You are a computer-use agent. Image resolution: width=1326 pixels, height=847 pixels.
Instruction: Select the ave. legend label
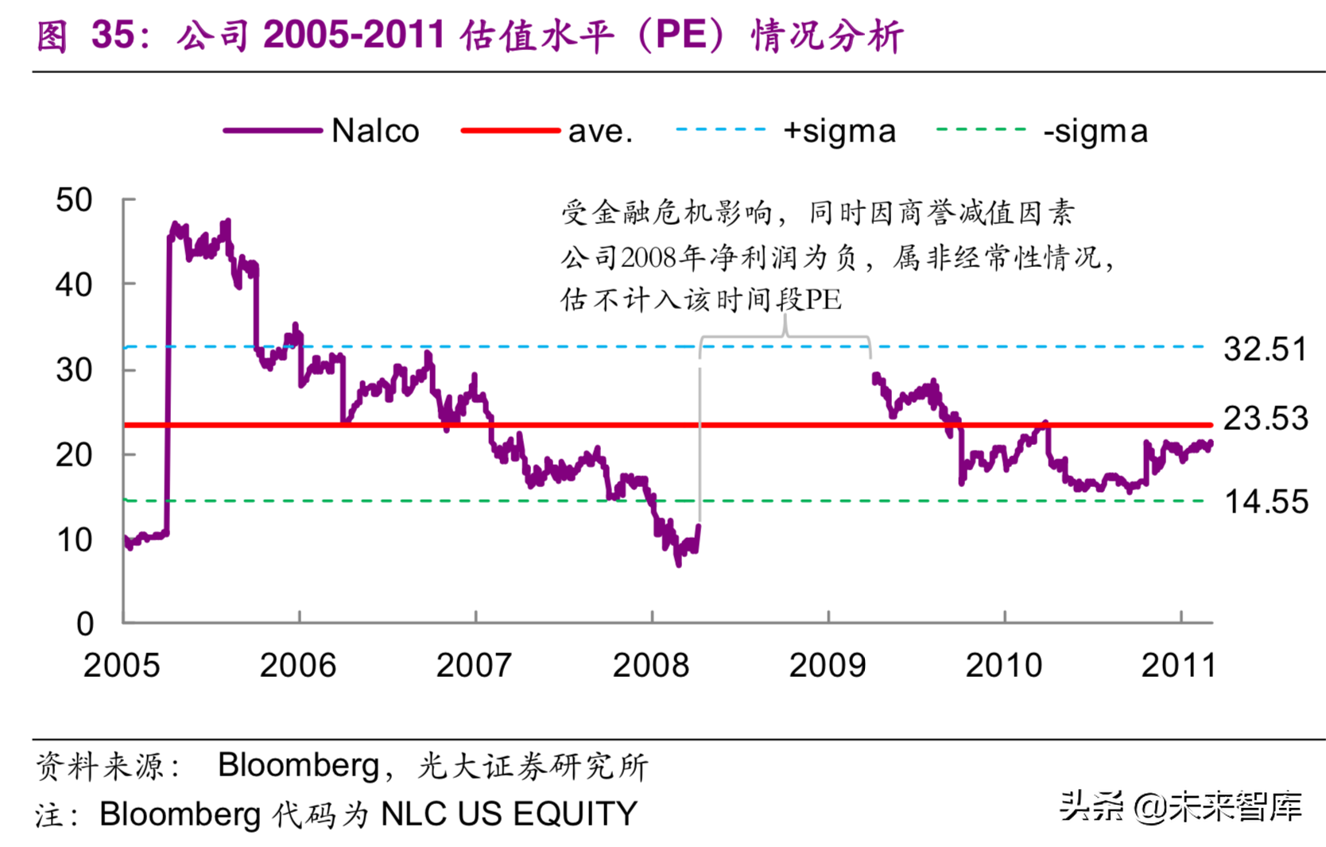[600, 131]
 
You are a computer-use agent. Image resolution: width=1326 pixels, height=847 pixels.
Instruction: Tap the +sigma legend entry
[839, 131]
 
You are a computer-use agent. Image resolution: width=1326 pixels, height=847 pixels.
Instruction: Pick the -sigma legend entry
[1095, 131]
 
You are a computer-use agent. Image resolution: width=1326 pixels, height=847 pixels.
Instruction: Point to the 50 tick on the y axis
[74, 200]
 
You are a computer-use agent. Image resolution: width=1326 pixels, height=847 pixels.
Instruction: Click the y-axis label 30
[74, 370]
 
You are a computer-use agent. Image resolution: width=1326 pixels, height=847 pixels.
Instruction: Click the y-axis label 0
[84, 625]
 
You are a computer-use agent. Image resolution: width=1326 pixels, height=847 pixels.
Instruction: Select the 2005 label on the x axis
[122, 666]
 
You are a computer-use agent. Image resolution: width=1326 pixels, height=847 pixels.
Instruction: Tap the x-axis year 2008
[650, 666]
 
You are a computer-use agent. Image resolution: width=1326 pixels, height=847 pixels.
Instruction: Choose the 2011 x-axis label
[1178, 666]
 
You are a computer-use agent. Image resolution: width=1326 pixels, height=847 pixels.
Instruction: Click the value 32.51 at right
[1265, 350]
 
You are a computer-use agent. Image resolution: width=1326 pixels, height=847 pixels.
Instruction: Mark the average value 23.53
[1265, 419]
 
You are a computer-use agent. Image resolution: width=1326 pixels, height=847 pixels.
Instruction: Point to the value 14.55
[1266, 502]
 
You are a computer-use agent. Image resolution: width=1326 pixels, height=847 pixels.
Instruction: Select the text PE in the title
[681, 36]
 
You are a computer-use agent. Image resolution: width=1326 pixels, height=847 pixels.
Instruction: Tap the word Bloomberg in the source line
[298, 765]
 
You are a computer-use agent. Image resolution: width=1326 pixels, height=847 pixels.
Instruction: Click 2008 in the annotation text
[648, 257]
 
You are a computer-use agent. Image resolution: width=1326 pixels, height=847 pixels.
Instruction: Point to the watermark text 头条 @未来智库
[1180, 807]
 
